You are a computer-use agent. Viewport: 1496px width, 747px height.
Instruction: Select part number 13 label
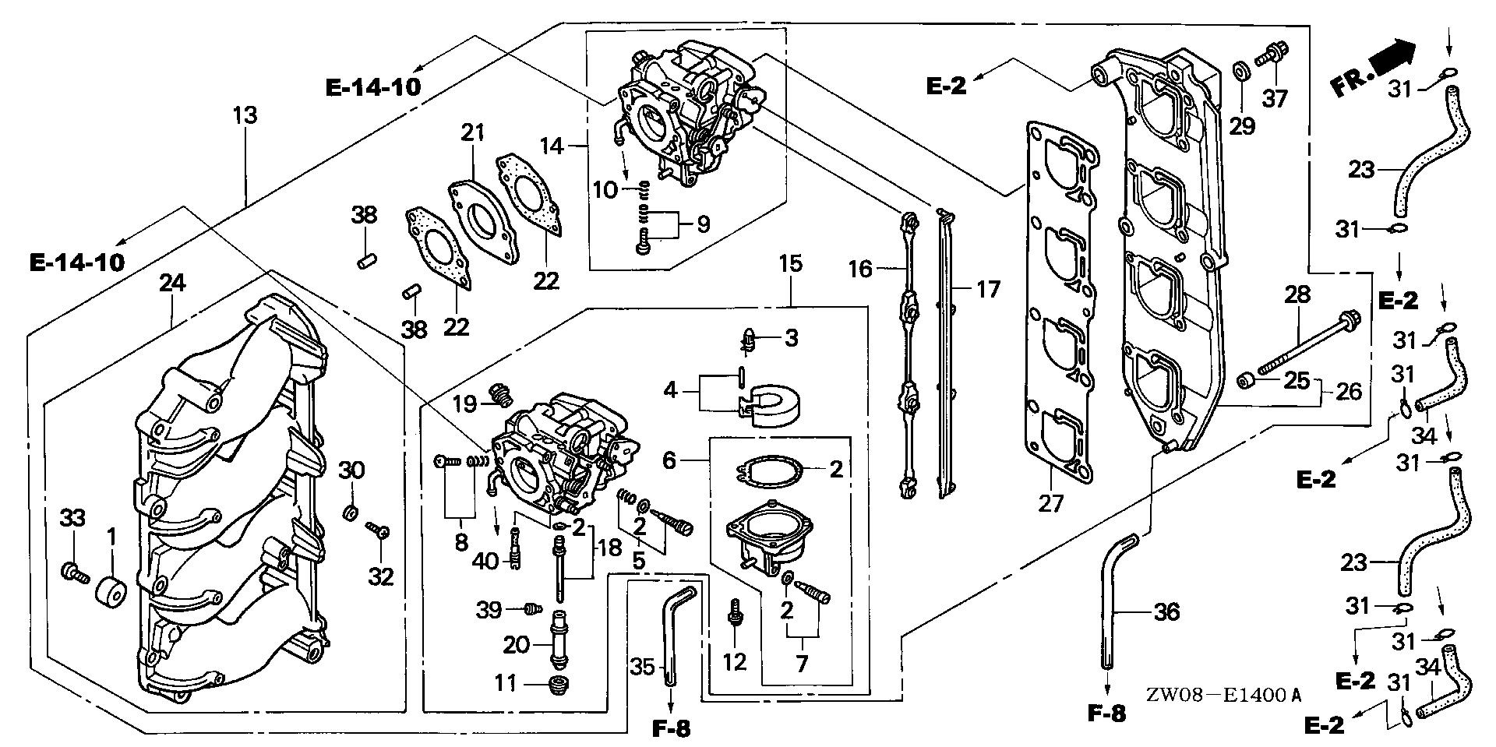[245, 116]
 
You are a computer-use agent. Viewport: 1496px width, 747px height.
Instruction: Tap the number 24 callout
[172, 284]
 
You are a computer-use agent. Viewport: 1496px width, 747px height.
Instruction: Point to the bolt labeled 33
[71, 574]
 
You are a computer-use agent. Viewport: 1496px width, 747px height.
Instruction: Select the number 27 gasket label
[1050, 505]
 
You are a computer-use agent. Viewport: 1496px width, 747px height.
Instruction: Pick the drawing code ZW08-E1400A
[1224, 695]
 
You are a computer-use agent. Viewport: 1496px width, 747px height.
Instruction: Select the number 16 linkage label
[860, 270]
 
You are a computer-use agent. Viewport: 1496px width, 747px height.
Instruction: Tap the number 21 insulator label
[473, 133]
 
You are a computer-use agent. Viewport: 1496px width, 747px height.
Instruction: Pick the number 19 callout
[464, 403]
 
